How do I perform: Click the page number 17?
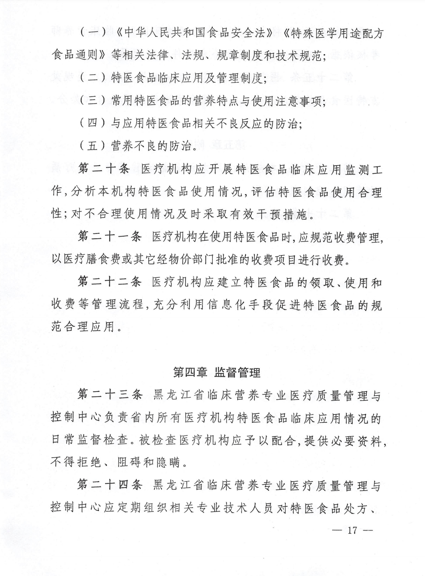(x=352, y=530)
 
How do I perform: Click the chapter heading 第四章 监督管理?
(x=217, y=373)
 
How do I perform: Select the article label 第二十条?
(x=104, y=169)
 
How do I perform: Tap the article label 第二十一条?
(x=110, y=237)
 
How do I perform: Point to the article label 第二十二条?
(x=110, y=282)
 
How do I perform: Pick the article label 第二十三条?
(x=110, y=395)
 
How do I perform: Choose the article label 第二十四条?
(x=110, y=486)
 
